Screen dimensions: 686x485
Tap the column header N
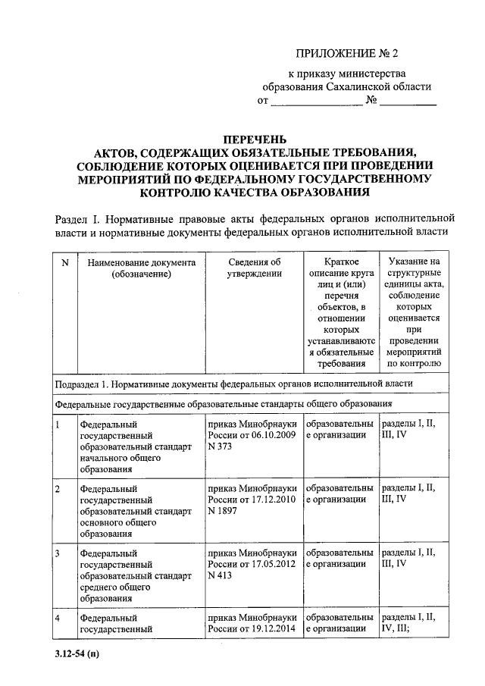pyautogui.click(x=64, y=262)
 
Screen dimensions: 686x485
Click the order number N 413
pyautogui.click(x=220, y=576)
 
